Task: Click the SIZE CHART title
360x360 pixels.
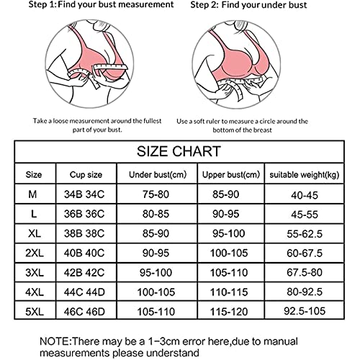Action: (x=179, y=151)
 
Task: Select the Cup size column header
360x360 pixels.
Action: (x=86, y=174)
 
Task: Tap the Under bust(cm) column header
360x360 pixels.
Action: (x=157, y=174)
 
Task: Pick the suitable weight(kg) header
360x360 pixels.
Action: (x=303, y=174)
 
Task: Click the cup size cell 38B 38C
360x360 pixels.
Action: (x=86, y=234)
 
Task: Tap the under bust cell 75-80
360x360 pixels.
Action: (x=157, y=194)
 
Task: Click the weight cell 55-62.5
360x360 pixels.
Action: (x=303, y=234)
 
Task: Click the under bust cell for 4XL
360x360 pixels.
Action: (x=157, y=294)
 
